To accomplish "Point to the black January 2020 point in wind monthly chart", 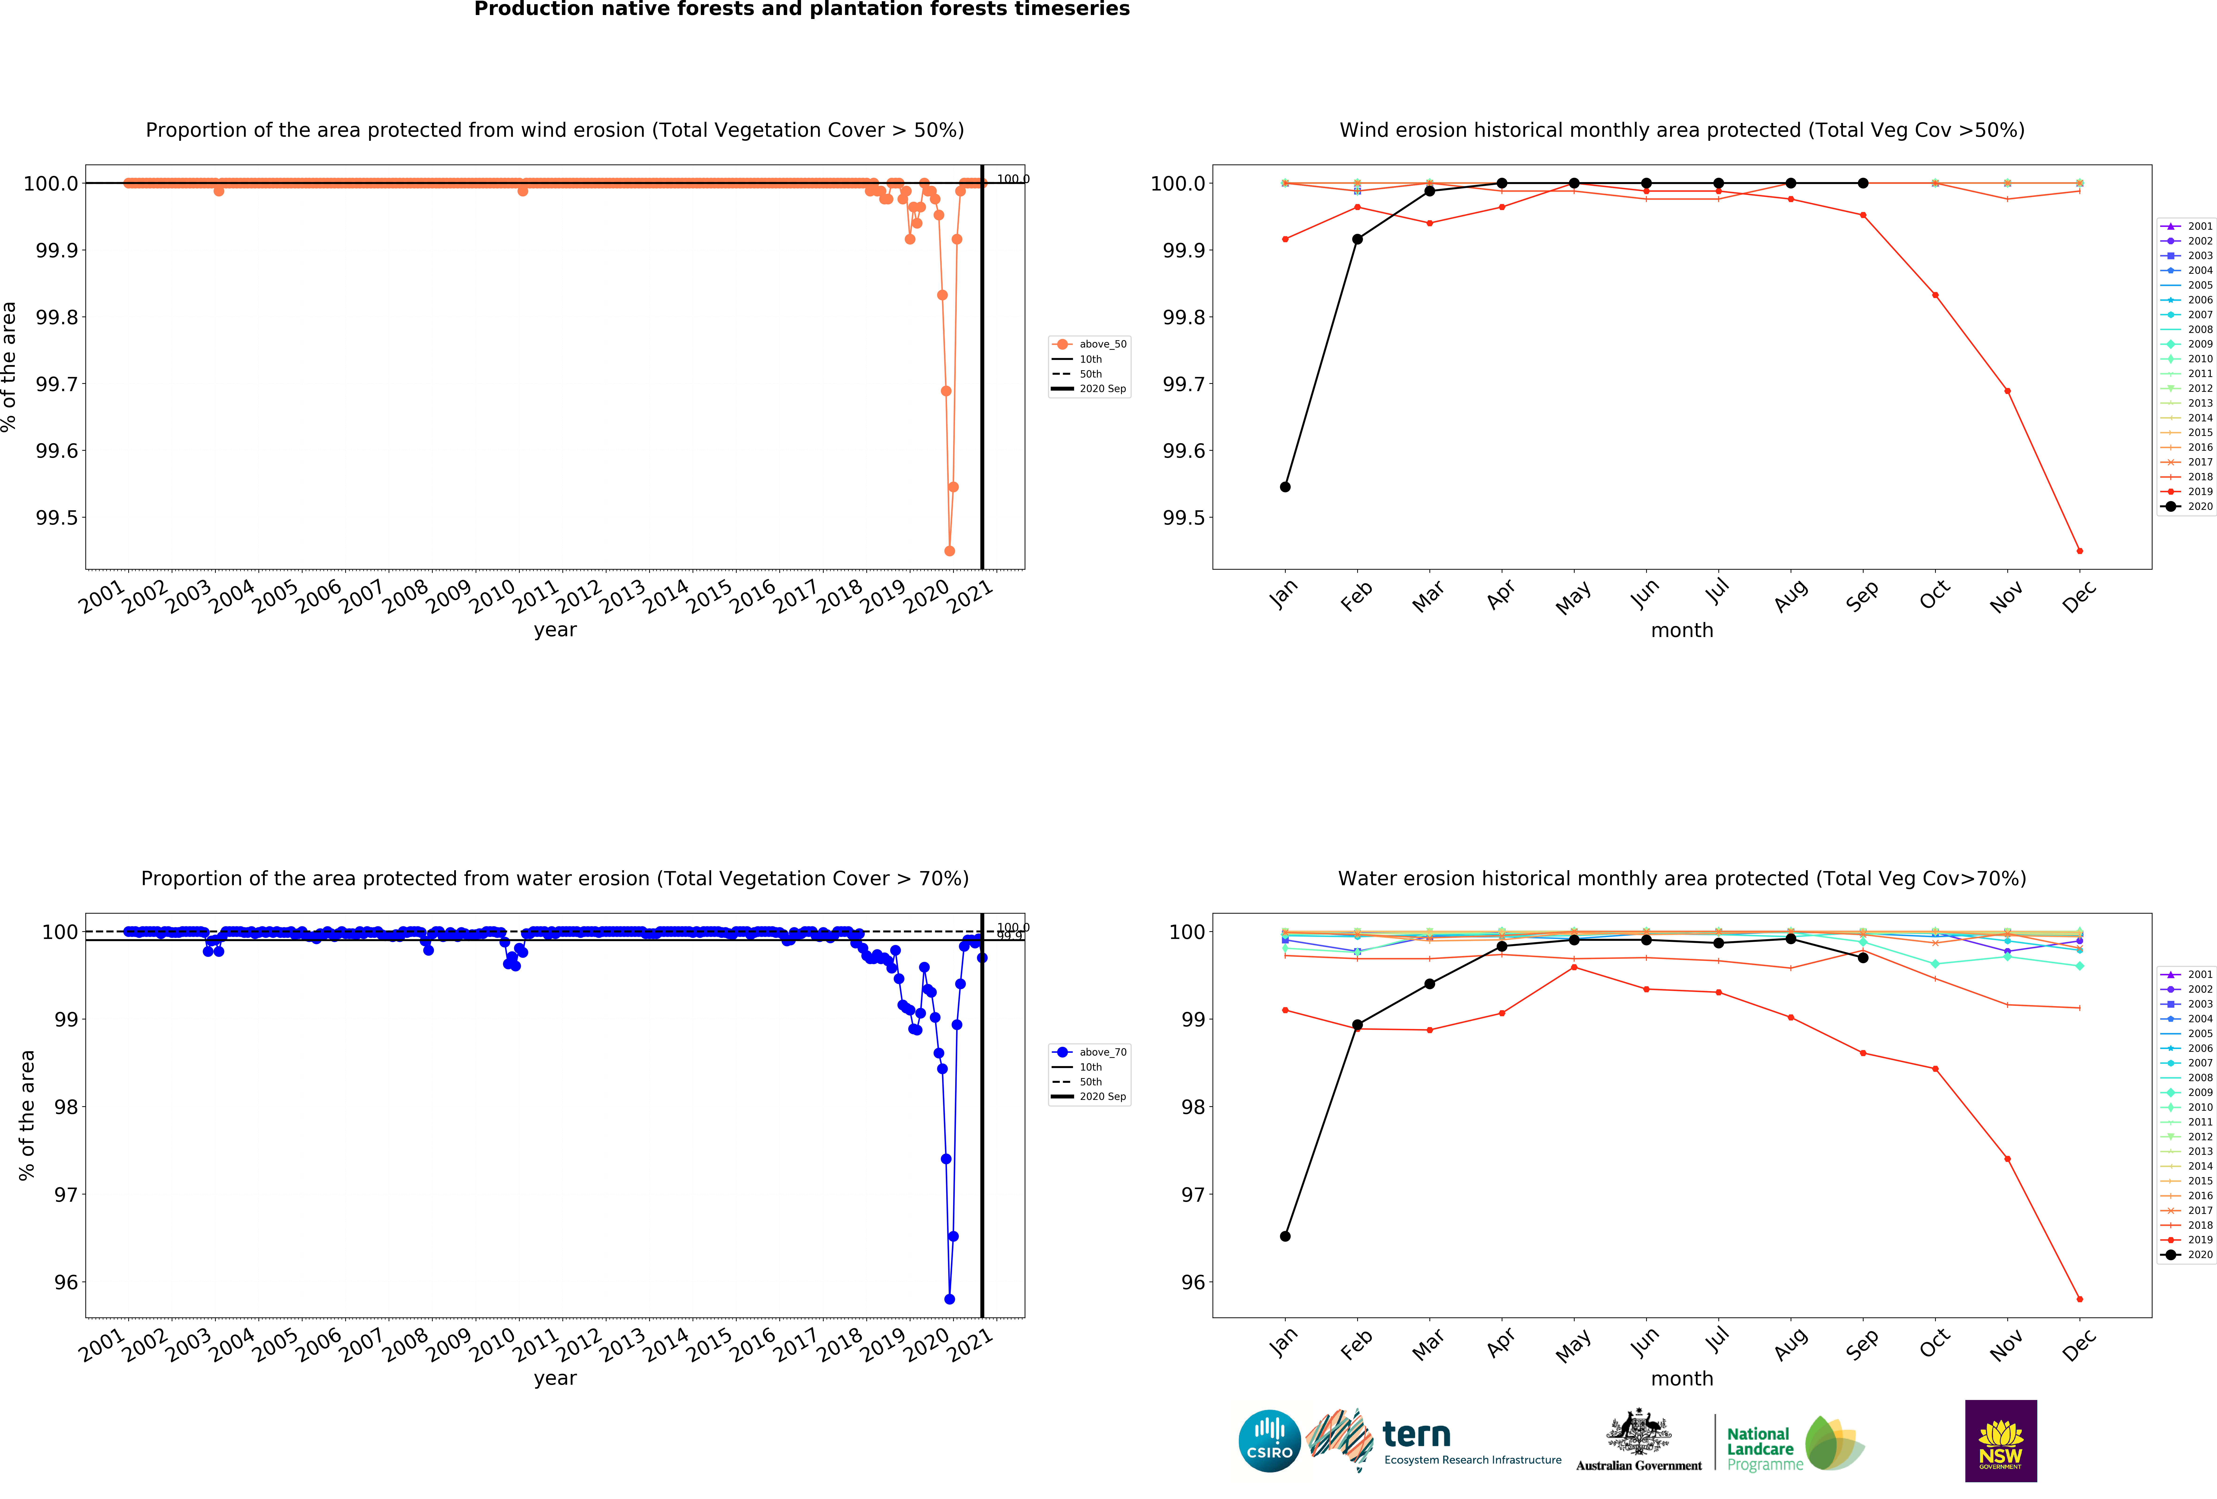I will [x=1285, y=487].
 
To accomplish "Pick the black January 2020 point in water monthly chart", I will [x=1285, y=1236].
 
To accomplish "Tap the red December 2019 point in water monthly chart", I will [x=2080, y=1299].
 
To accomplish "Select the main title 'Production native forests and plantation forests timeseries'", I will [x=801, y=10].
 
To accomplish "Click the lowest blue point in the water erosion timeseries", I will [x=949, y=1299].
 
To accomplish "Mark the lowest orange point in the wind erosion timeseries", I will [x=949, y=551].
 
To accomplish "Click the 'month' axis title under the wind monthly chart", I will [x=1682, y=630].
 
